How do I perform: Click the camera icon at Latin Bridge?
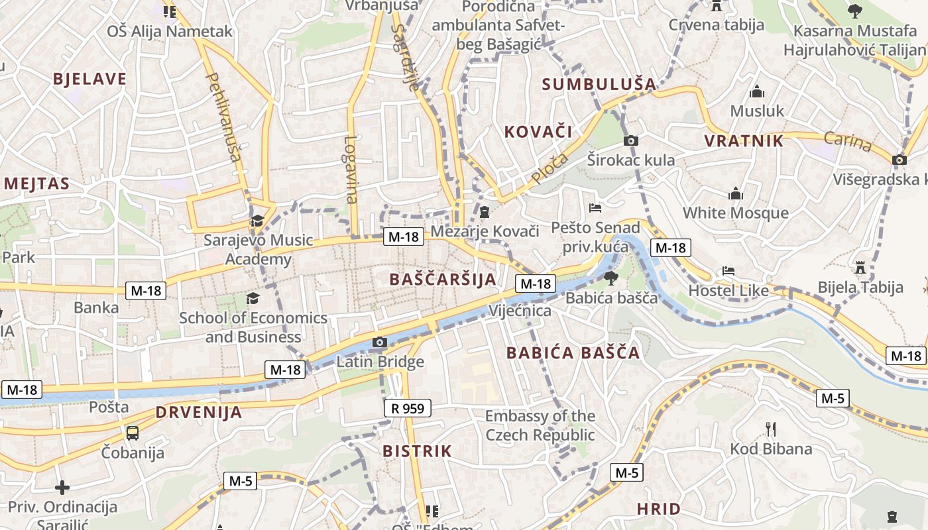pyautogui.click(x=380, y=343)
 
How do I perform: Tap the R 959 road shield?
pyautogui.click(x=408, y=408)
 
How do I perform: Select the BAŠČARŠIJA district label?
pyautogui.click(x=443, y=279)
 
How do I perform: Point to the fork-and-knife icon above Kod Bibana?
pyautogui.click(x=770, y=429)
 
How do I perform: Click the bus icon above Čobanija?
pyautogui.click(x=133, y=433)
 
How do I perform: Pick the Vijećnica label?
pyautogui.click(x=520, y=311)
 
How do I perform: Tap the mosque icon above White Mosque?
pyautogui.click(x=736, y=194)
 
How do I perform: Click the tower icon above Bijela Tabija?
pyautogui.click(x=860, y=268)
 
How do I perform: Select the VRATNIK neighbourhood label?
pyautogui.click(x=744, y=140)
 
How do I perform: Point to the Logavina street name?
pyautogui.click(x=351, y=170)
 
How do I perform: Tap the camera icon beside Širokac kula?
pyautogui.click(x=631, y=140)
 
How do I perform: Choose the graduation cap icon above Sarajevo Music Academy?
pyautogui.click(x=257, y=221)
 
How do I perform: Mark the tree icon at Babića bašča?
pyautogui.click(x=610, y=278)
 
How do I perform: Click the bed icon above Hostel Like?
pyautogui.click(x=728, y=271)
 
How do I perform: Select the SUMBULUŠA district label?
pyautogui.click(x=599, y=84)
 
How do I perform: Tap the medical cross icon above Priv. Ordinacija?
pyautogui.click(x=62, y=488)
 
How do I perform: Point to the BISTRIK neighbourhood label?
pyautogui.click(x=417, y=451)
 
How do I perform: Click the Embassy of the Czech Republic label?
pyautogui.click(x=540, y=425)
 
